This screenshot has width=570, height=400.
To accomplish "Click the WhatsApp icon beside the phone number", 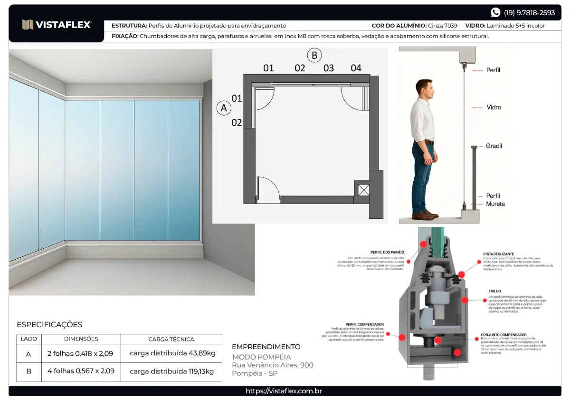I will [495, 13].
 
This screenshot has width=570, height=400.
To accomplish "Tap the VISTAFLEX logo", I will [57, 25].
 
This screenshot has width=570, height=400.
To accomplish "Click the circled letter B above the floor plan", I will [314, 55].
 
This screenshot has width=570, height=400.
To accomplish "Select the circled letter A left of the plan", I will [224, 108].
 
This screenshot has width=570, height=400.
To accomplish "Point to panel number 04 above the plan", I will [356, 68].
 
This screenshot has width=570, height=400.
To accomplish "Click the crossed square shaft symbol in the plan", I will [363, 190].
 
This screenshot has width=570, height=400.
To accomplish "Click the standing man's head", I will [423, 88].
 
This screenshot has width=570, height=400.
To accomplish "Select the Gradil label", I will [494, 146].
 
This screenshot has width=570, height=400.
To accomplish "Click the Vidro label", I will [494, 107].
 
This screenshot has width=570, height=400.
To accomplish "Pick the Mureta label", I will [495, 204].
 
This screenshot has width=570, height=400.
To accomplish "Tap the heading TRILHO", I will [494, 291].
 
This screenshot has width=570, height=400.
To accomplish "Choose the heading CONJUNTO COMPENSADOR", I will [503, 335].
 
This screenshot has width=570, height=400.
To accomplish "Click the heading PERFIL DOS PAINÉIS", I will [387, 252].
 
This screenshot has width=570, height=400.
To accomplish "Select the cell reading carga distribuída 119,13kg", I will [171, 371].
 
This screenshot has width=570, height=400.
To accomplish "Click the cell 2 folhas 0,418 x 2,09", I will [81, 353].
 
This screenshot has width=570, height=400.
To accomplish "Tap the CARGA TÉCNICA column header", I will [171, 339].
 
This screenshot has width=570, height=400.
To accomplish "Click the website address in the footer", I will [284, 391].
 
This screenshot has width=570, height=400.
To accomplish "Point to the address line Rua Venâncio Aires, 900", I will [273, 365].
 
